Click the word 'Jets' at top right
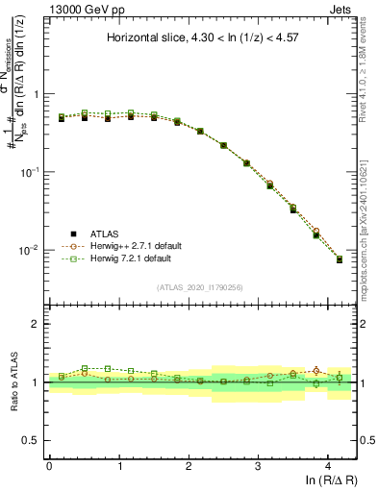coord(341,9)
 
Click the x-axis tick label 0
coord(49,465)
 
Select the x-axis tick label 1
coord(119,465)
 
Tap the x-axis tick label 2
coord(189,465)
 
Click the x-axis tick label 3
coord(259,465)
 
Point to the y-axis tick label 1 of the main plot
coord(36,94)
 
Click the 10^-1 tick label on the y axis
coord(31,172)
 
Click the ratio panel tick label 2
coord(36,325)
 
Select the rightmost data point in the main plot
coord(339,259)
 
